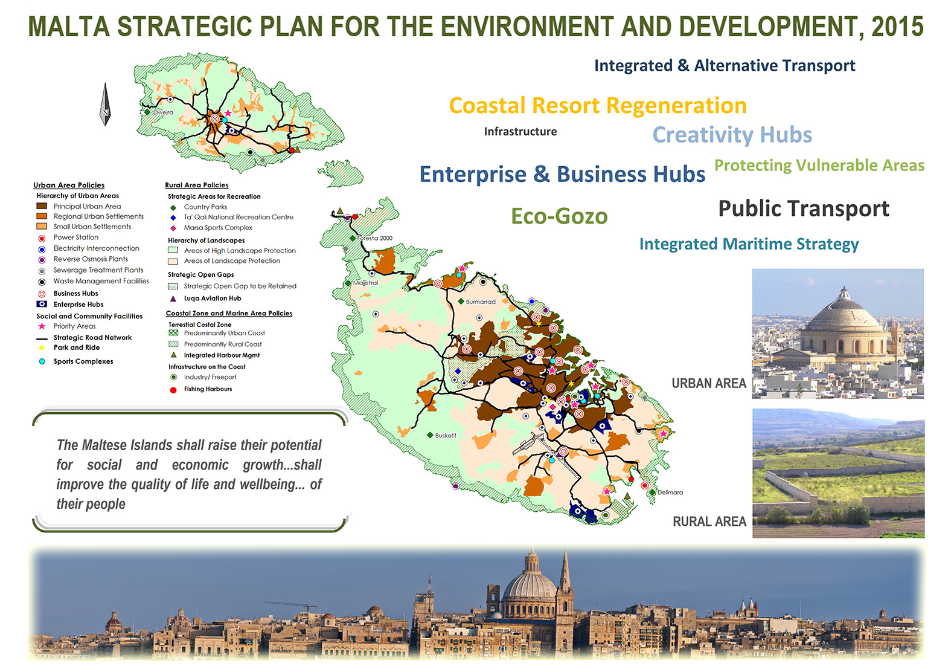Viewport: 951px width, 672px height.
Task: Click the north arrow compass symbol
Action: coord(105,104)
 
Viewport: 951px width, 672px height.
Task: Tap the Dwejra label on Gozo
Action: coord(163,112)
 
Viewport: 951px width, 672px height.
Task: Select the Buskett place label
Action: coord(446,435)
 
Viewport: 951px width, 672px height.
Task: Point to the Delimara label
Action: coord(670,493)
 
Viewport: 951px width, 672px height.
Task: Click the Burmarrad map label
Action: coord(481,302)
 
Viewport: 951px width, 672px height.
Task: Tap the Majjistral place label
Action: coord(365,282)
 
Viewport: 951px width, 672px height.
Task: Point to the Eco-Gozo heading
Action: coord(559,216)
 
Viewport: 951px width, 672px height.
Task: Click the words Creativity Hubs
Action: coord(732,135)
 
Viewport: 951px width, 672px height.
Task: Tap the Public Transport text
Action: coord(803,208)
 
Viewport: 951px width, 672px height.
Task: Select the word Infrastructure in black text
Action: coord(520,132)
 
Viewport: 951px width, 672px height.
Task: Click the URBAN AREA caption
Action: coord(709,383)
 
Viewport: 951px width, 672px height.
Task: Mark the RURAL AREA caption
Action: coord(709,521)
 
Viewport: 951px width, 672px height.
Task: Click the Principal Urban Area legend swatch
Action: coord(42,206)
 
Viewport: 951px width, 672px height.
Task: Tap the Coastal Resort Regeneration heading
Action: coord(598,105)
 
